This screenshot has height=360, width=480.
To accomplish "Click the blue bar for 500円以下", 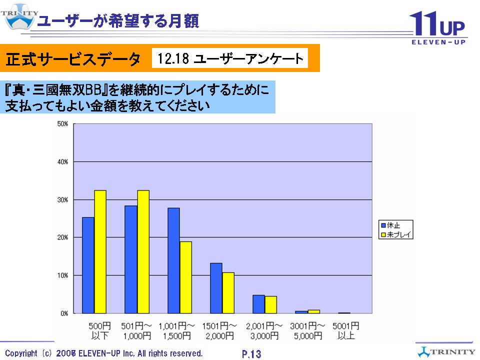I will pyautogui.click(x=88, y=265).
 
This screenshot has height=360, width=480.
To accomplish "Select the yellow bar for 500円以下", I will pyautogui.click(x=100, y=252).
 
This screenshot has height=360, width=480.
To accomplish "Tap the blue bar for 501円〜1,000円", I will pyautogui.click(x=131, y=259).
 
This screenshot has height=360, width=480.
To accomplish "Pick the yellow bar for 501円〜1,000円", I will pyautogui.click(x=143, y=252).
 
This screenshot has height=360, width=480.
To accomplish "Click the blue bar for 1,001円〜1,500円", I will pyautogui.click(x=173, y=260).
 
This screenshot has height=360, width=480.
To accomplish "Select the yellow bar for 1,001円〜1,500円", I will pyautogui.click(x=185, y=277).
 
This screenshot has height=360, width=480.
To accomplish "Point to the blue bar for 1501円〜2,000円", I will pyautogui.click(x=216, y=288).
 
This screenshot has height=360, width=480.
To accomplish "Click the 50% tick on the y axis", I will pyautogui.click(x=63, y=124).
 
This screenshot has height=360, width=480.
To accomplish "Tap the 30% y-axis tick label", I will pyautogui.click(x=63, y=199).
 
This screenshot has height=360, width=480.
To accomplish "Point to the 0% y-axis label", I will pyautogui.click(x=64, y=313).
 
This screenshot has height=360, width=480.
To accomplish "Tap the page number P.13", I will pyautogui.click(x=251, y=354).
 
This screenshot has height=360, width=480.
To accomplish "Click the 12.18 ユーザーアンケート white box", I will pyautogui.click(x=230, y=59).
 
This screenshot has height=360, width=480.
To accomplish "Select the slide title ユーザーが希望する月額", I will pyautogui.click(x=118, y=21).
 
